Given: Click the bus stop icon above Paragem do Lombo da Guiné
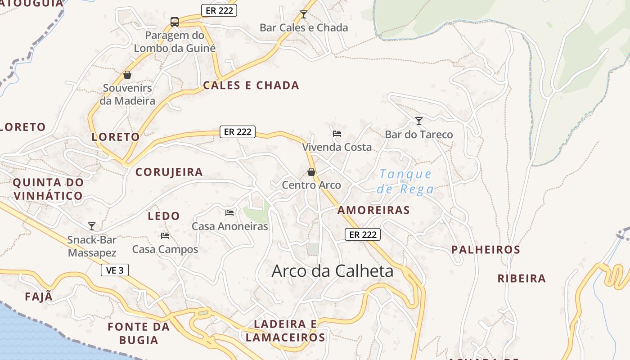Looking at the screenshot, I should tap(175, 22).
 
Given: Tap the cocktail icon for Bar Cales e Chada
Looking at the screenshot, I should tap(304, 14).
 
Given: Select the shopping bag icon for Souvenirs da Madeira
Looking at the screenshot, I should tap(127, 75).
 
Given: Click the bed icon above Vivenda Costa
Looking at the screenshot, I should tap(337, 134).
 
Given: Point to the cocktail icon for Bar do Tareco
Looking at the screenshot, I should tap(419, 121).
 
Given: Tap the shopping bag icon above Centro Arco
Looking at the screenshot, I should tap(311, 172).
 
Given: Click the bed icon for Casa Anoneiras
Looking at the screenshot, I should tap(229, 212).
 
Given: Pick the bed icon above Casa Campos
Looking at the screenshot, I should tap(165, 235).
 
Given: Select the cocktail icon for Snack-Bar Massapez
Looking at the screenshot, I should tap(92, 226).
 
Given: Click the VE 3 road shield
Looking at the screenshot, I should tap(115, 270).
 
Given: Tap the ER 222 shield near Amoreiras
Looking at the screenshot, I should tap(363, 234).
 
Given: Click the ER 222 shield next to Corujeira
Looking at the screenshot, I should tap(238, 132).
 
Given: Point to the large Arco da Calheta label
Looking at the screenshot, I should tap(333, 271).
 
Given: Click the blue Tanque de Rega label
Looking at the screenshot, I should tap(405, 181).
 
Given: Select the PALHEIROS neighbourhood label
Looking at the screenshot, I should tap(486, 250).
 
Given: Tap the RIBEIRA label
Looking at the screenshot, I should tap(522, 279).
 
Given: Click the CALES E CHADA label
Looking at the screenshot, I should tap(251, 85).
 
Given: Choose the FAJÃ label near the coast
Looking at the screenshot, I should tap(39, 297).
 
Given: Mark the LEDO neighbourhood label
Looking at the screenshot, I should tap(164, 216).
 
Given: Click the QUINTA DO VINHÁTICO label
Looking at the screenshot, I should tap(48, 189).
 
